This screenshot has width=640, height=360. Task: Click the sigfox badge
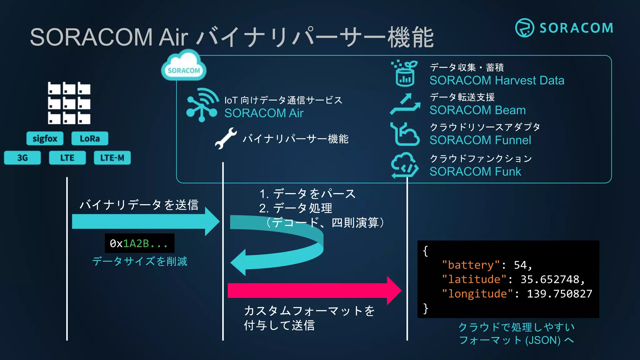pyautogui.click(x=45, y=138)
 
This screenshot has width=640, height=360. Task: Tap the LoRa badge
pyautogui.click(x=90, y=138)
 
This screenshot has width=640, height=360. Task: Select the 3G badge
pyautogui.click(x=22, y=158)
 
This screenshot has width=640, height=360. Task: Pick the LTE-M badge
pyautogui.click(x=112, y=158)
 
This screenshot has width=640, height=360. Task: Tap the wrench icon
pyautogui.click(x=226, y=138)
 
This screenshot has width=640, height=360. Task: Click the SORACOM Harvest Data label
pyautogui.click(x=497, y=81)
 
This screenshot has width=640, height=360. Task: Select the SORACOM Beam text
pyautogui.click(x=477, y=110)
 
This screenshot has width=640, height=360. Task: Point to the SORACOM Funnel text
pyautogui.click(x=480, y=140)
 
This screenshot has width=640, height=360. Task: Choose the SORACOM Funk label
pyautogui.click(x=475, y=172)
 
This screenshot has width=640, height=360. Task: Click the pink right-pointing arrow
pyautogui.click(x=314, y=291)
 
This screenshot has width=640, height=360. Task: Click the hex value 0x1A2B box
pyautogui.click(x=139, y=243)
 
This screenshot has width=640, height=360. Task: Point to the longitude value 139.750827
pyautogui.click(x=559, y=294)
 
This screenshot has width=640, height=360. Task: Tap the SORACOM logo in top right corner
pyautogui.click(x=564, y=28)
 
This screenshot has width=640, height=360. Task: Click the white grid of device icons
pyautogui.click(x=69, y=103)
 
